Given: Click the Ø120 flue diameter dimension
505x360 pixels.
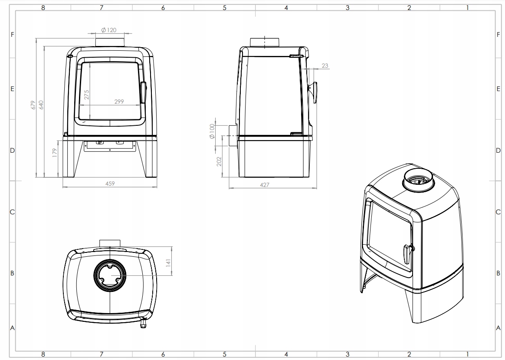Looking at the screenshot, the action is click(108, 30).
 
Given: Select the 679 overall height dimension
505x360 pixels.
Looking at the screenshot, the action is click(33, 105).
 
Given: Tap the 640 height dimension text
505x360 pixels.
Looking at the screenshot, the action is click(41, 105).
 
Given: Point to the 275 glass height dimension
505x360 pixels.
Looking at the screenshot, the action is click(86, 95).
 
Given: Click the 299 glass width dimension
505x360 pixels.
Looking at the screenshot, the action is click(119, 101).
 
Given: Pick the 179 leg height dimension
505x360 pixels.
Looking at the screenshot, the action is click(55, 153).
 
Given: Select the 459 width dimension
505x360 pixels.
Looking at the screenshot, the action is click(110, 183).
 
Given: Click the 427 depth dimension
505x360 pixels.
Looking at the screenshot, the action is click(264, 185).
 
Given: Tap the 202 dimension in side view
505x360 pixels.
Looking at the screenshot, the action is click(220, 161).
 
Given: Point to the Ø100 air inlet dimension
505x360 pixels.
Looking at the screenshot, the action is click(212, 131).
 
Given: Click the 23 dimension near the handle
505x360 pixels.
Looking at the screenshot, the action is click(325, 65).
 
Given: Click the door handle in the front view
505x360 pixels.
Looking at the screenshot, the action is click(143, 92).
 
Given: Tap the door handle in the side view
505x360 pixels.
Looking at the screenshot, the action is click(313, 92).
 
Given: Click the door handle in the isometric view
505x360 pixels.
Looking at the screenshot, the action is click(408, 254).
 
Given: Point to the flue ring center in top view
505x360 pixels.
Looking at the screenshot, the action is click(110, 275).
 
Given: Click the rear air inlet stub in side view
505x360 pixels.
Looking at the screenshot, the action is click(233, 136).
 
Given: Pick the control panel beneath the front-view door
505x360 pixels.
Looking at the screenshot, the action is click(110, 146).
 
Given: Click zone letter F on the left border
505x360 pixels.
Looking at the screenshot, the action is click(12, 34).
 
